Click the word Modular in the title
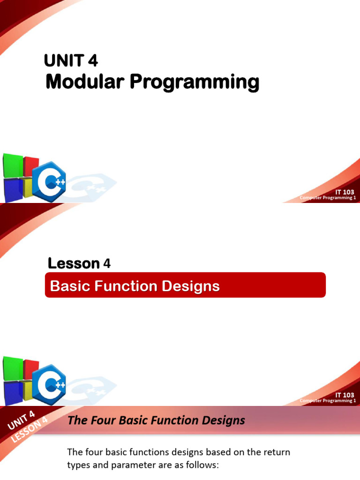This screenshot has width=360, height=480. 85,82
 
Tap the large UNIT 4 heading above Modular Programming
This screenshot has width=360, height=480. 71,60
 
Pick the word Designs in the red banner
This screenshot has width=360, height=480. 192,286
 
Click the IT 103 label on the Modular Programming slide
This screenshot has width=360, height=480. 345,192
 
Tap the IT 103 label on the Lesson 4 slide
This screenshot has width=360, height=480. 345,395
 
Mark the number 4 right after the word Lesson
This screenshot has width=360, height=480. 107,263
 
